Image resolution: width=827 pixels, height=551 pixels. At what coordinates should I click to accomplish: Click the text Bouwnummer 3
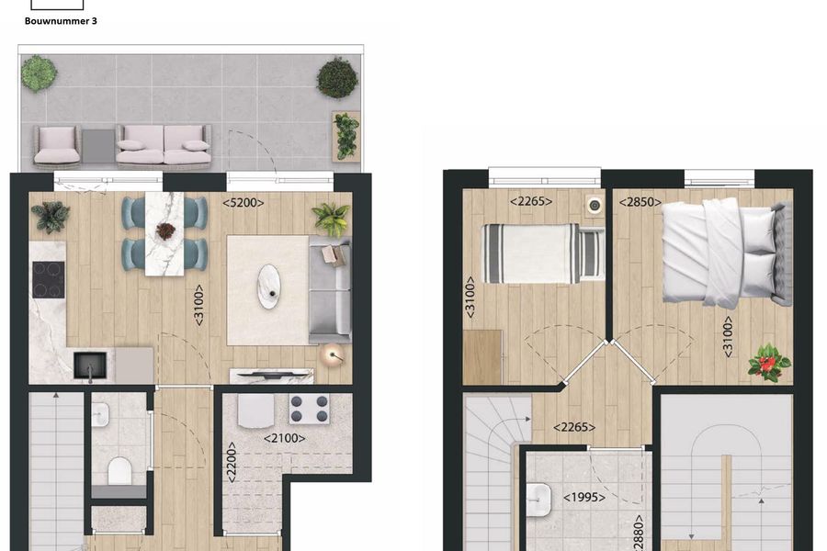point(62,20)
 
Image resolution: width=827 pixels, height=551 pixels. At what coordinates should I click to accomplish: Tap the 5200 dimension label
point(244,203)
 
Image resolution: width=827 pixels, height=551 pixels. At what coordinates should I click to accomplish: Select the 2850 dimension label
point(640,203)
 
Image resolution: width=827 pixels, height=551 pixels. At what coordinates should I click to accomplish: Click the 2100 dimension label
point(285,438)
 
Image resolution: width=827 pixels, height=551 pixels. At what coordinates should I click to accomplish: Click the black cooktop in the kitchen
point(47,280)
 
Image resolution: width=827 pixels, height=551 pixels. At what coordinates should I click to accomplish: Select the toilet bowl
point(120,471)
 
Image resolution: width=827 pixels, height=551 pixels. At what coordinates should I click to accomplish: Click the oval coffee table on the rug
point(269,286)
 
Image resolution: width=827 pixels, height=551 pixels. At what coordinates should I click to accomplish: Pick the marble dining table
point(165,232)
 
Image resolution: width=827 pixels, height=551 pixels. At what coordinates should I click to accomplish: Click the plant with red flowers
point(769,363)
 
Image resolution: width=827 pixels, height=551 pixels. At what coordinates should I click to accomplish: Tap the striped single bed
point(542,253)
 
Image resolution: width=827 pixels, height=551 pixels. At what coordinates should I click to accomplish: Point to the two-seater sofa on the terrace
point(164,145)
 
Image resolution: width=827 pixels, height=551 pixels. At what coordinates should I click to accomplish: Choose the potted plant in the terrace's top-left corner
point(39,73)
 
